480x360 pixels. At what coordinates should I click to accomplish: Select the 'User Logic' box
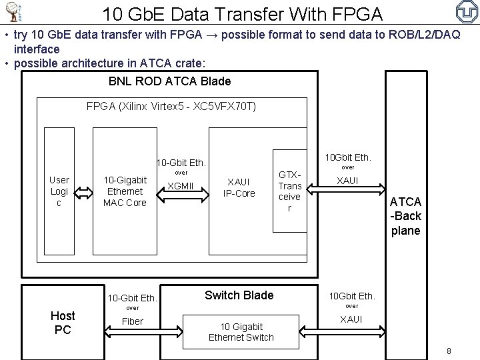[59, 191]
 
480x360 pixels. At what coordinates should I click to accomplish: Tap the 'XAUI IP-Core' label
[239, 187]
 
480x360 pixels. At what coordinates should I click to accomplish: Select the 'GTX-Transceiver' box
[289, 191]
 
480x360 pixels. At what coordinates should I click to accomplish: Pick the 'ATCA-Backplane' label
[405, 216]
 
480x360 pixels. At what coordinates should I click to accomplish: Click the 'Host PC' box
[63, 321]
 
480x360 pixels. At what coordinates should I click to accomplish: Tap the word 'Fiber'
[133, 321]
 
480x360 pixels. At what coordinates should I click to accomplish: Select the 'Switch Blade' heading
[239, 295]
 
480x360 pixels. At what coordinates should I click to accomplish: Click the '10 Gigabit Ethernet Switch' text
[241, 331]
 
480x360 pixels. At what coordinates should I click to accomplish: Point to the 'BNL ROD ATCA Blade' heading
[169, 81]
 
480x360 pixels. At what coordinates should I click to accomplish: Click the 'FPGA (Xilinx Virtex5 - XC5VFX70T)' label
[171, 107]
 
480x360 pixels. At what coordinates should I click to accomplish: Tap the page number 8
[449, 351]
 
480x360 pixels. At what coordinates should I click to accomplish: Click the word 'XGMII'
[180, 185]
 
